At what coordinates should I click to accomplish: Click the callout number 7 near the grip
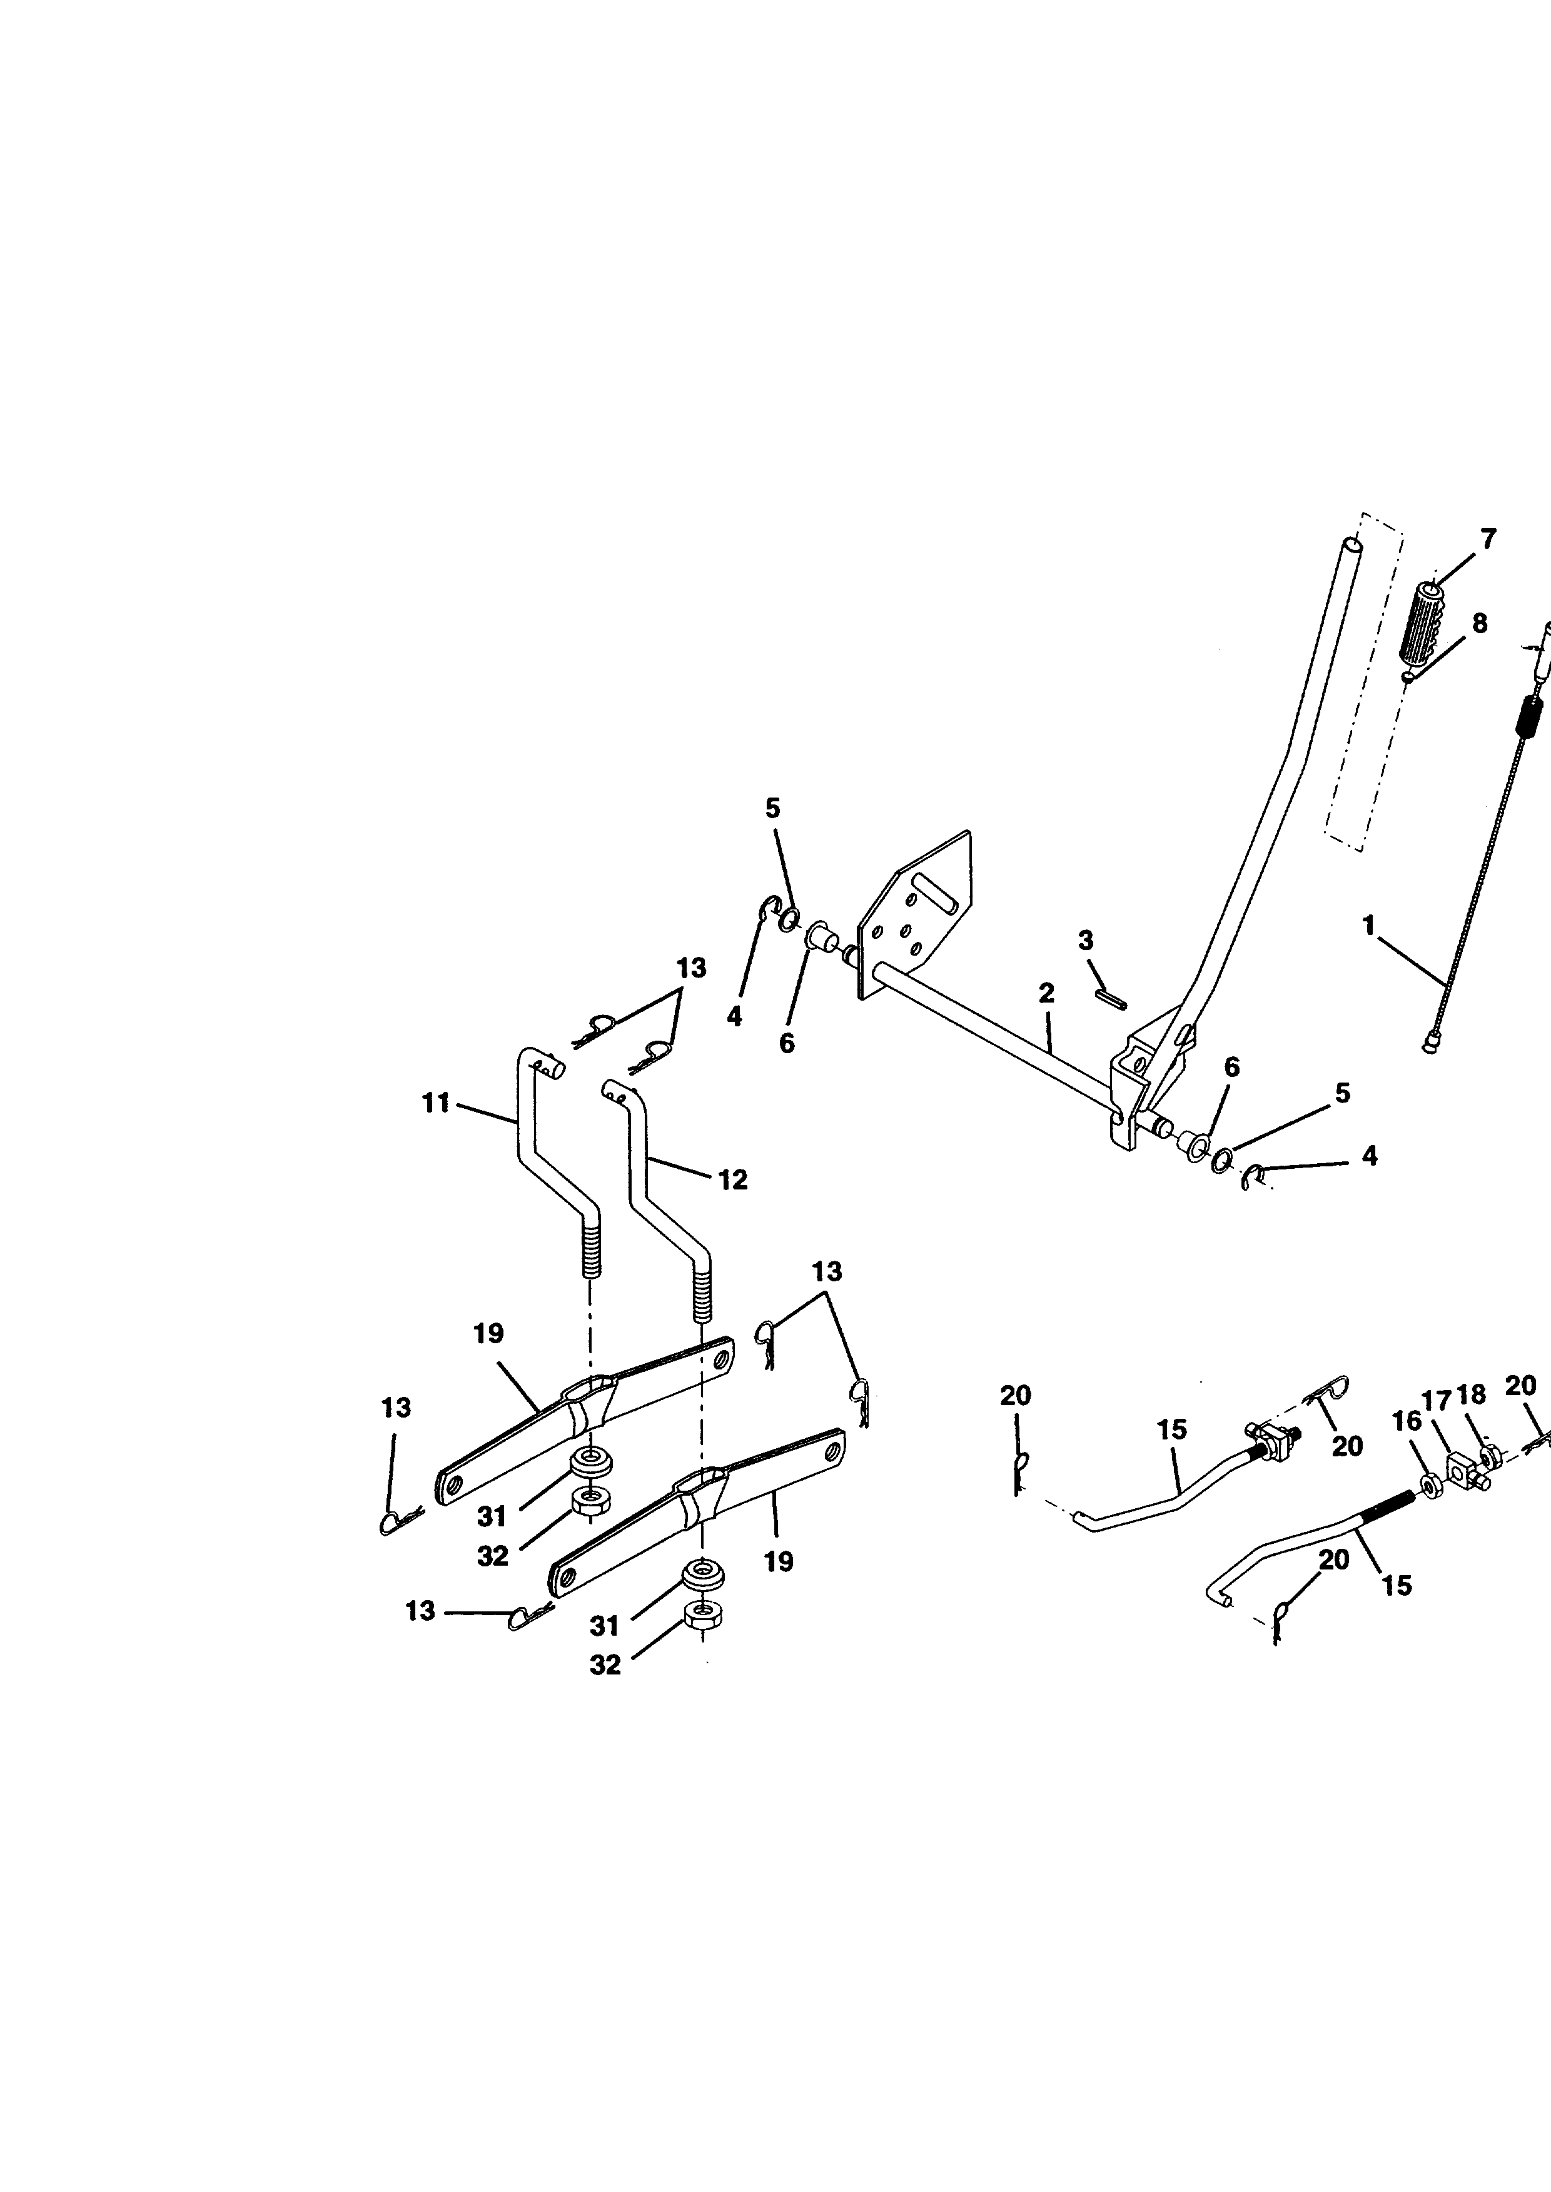point(1488,539)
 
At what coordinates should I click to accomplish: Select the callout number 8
point(1479,623)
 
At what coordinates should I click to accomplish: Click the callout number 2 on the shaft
point(1047,993)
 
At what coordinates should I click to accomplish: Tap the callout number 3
point(1086,941)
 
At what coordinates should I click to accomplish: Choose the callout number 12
point(732,1180)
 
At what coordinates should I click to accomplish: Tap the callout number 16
point(1407,1421)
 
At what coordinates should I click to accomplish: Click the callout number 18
point(1472,1395)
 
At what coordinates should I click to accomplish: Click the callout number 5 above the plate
point(772,809)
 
